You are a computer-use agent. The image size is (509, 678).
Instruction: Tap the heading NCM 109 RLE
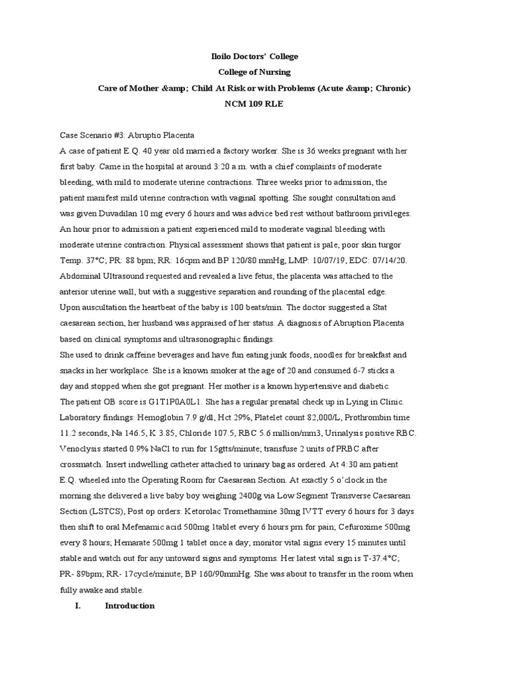click(254, 104)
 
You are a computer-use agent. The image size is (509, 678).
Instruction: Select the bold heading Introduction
click(130, 605)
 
